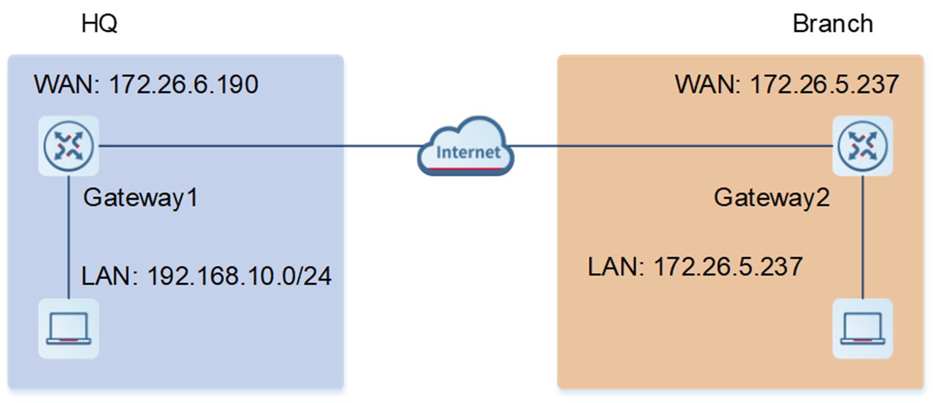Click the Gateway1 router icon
(68, 145)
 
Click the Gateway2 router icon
(862, 145)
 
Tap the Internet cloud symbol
(466, 147)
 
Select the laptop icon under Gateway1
(68, 328)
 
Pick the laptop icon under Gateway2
(862, 328)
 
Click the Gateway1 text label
(140, 198)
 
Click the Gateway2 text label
(771, 198)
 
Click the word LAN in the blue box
(105, 276)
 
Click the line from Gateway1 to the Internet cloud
(258, 146)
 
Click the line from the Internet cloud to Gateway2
(669, 146)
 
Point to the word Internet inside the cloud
(468, 152)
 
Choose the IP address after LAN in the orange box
(728, 267)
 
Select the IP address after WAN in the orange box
(824, 86)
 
